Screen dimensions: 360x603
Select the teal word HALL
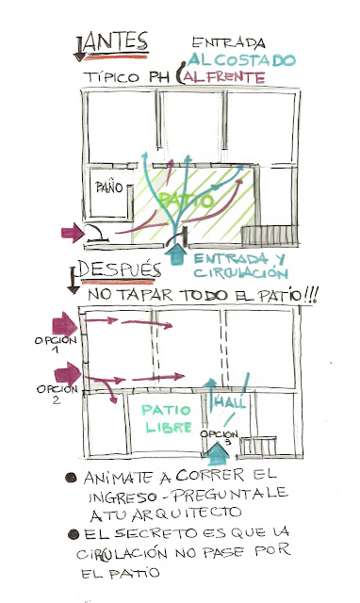point(232,403)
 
